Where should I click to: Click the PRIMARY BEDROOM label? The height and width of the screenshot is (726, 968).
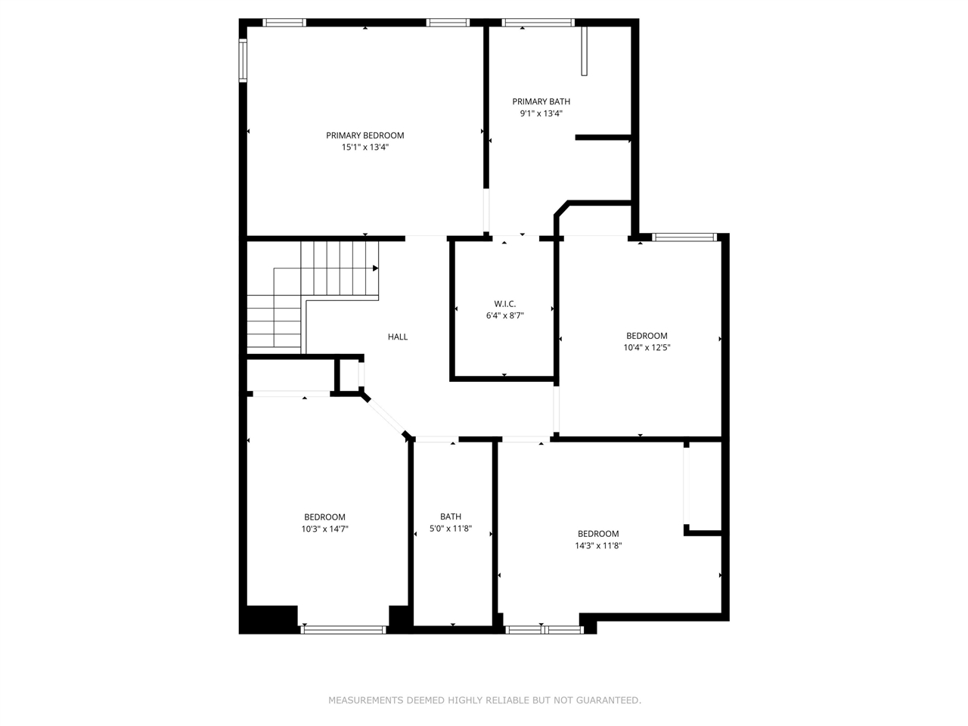[x=365, y=135]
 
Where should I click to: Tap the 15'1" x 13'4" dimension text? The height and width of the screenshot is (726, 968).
[x=365, y=147]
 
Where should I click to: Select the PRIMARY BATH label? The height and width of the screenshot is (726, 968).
[x=541, y=101]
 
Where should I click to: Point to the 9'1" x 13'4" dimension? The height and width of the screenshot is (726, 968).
[x=541, y=113]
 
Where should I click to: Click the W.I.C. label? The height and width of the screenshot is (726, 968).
[x=504, y=304]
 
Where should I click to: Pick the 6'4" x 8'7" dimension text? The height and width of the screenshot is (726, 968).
[x=504, y=316]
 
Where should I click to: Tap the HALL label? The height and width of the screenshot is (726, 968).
[x=398, y=337]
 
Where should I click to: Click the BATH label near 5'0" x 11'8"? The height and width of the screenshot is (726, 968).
[x=451, y=517]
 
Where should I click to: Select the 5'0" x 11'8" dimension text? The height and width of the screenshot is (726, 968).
[x=451, y=529]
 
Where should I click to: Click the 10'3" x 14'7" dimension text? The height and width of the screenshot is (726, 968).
[x=324, y=529]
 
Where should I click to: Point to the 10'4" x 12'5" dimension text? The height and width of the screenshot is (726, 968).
[x=647, y=348]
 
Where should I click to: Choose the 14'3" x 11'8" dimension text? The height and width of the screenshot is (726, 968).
[x=598, y=545]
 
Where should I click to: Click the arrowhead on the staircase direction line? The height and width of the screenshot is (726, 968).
[x=376, y=268]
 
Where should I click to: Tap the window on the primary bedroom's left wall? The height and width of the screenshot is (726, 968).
[x=244, y=60]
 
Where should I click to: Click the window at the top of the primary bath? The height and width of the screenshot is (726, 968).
[x=538, y=23]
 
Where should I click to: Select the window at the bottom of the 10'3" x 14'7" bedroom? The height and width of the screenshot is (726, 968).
[x=344, y=629]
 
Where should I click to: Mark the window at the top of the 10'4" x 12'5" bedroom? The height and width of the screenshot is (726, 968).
[x=684, y=237]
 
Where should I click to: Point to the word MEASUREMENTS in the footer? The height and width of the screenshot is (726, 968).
[x=365, y=700]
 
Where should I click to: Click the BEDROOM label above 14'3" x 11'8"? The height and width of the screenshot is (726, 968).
[x=598, y=533]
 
